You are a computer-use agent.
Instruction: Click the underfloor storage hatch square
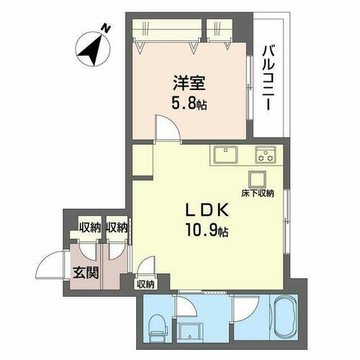pyautogui.click(x=258, y=179)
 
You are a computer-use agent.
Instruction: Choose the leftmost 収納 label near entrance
pyautogui.click(x=89, y=228)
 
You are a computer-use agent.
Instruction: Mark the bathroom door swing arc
pyautogui.click(x=243, y=303)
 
